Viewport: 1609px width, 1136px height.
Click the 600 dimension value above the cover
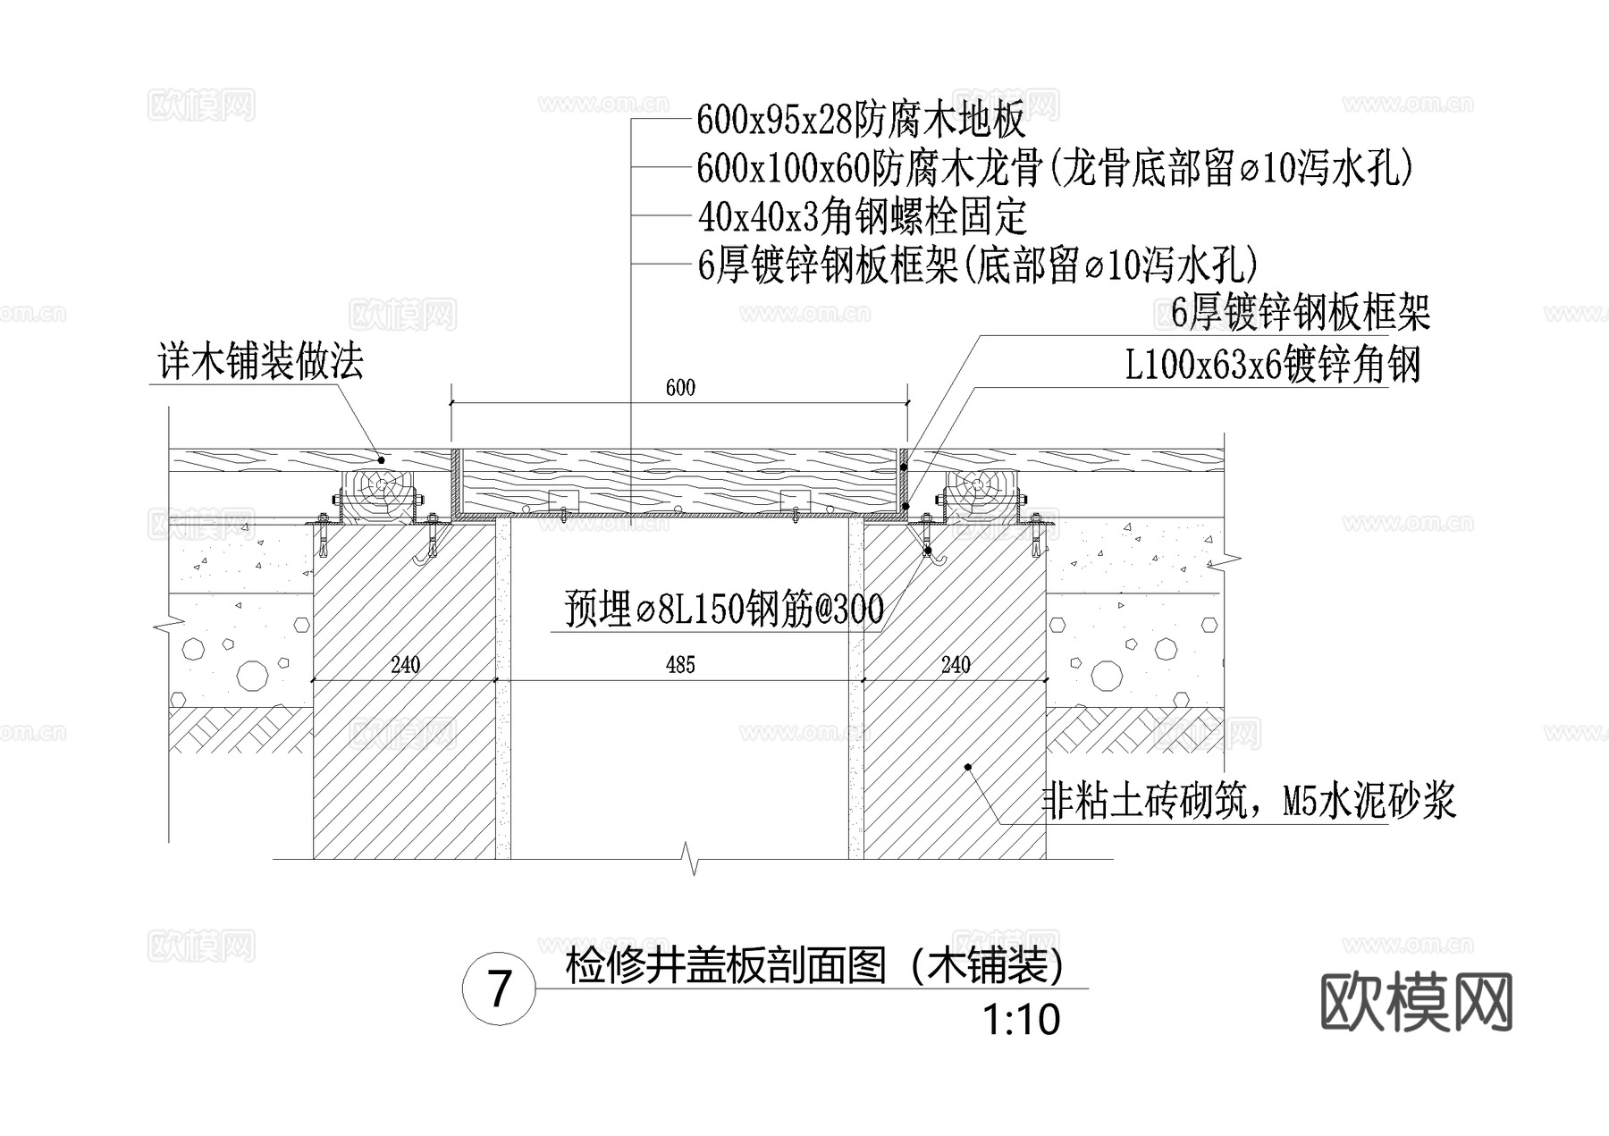pos(680,388)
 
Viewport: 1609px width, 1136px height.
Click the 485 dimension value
pos(680,665)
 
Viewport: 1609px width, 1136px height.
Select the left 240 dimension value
pos(405,665)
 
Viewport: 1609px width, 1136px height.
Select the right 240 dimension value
pos(956,665)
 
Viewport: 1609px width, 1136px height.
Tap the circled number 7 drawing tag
pos(500,990)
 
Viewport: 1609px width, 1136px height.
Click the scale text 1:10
pos(1021,1020)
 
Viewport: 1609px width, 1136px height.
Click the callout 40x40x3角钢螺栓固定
pos(862,216)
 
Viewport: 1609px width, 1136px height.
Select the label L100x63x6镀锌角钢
pos(1272,365)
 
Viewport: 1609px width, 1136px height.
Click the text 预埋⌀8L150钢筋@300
pos(724,610)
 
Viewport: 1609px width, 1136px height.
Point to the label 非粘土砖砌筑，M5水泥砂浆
pos(1250,800)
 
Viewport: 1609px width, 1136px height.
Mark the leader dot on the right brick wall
pos(967,767)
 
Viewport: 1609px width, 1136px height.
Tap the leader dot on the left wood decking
pos(382,459)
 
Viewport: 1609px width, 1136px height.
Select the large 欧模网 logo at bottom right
pos(1416,1001)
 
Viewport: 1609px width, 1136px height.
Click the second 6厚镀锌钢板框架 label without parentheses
pos(1301,313)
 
